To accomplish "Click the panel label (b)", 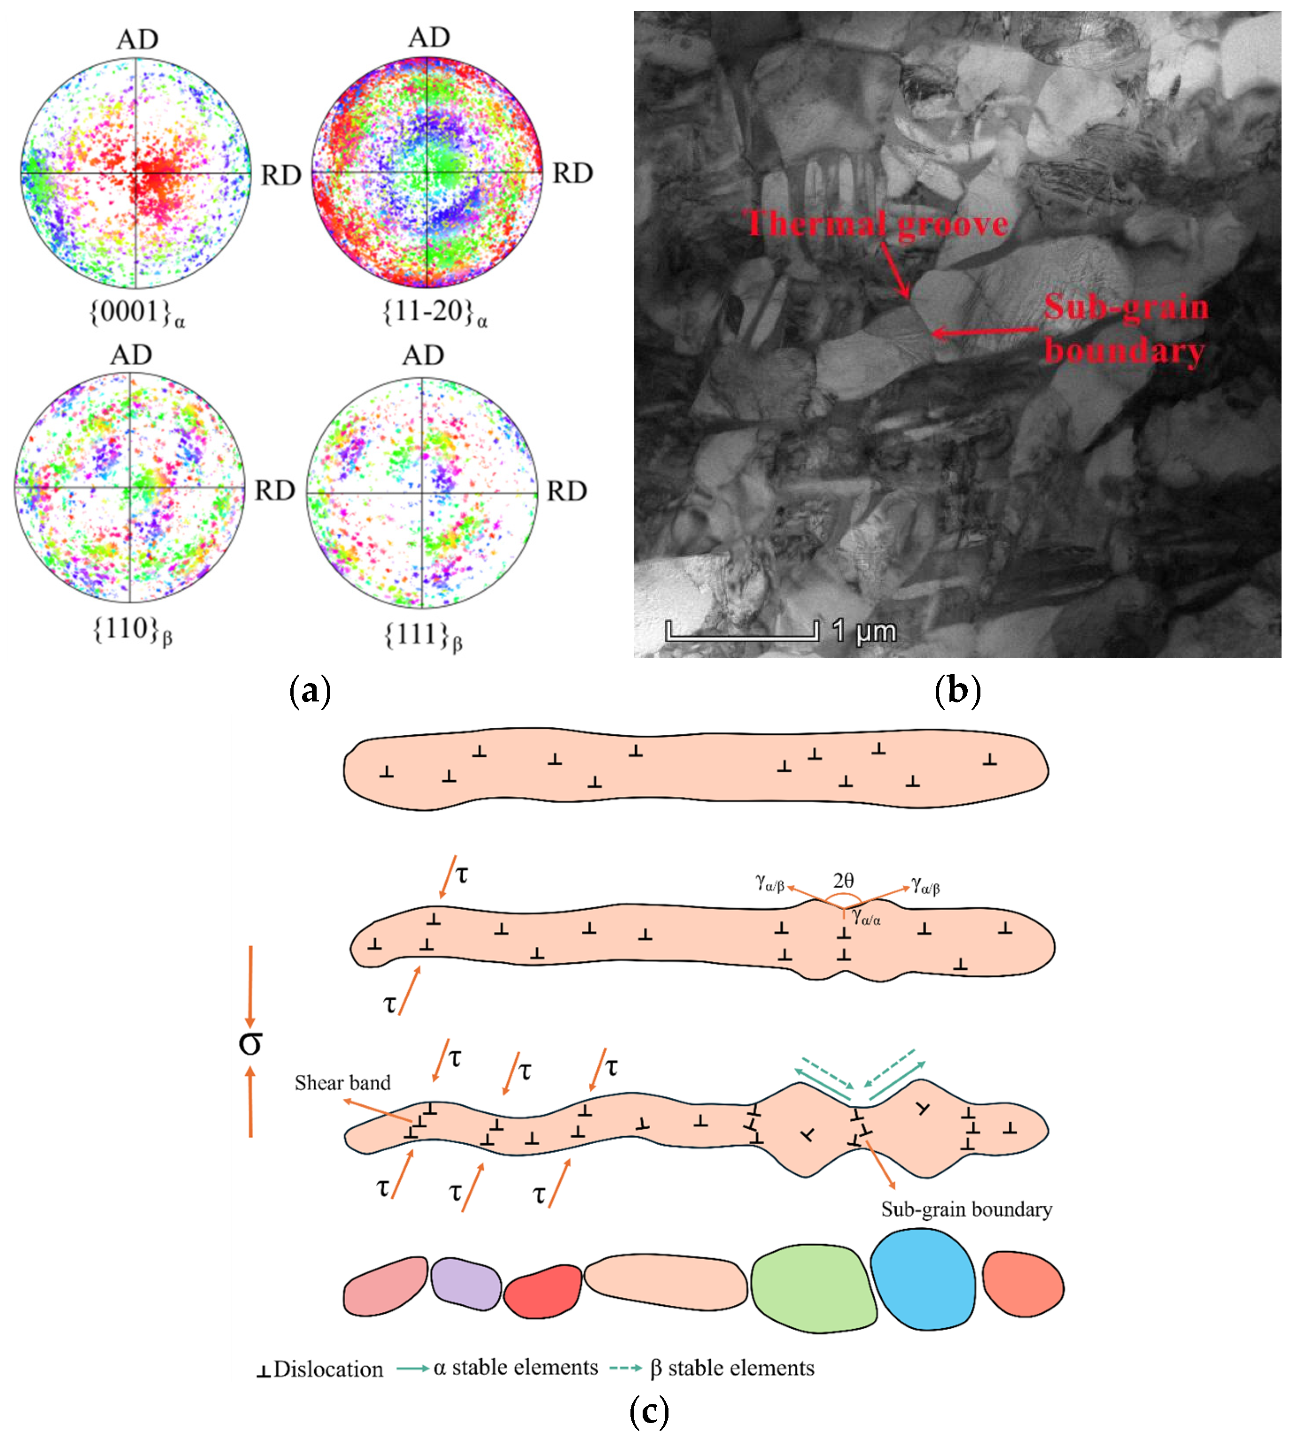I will [957, 690].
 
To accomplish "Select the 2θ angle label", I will [843, 880].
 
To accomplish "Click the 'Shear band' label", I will [342, 1083].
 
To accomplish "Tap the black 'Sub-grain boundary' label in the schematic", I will [966, 1209].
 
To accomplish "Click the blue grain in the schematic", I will [922, 1279].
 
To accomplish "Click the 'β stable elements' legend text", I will [732, 1368].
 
